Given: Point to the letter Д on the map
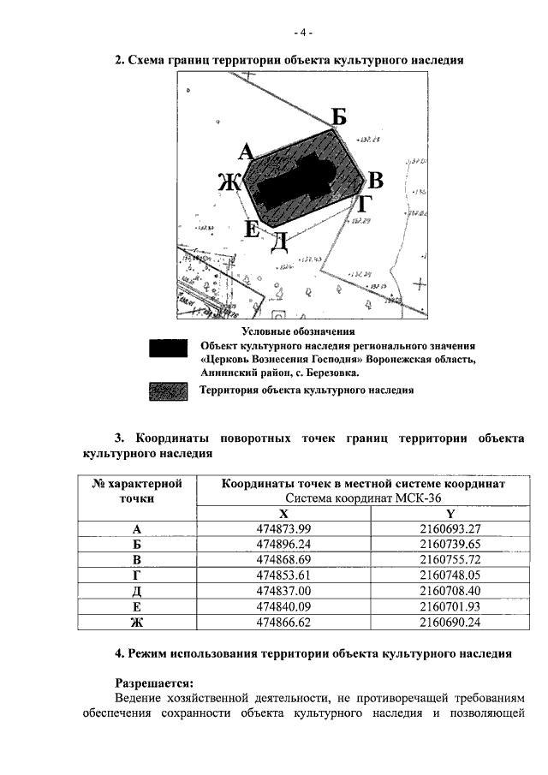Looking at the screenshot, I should coord(279,242).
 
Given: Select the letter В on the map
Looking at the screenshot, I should coord(375,180).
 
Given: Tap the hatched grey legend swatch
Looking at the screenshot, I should coord(169,390).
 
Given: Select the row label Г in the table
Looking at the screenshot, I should coord(137,575).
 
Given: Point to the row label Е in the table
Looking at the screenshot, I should coord(137,606).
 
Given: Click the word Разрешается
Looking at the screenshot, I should coord(155,683).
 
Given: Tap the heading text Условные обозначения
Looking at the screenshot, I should coord(298,331).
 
